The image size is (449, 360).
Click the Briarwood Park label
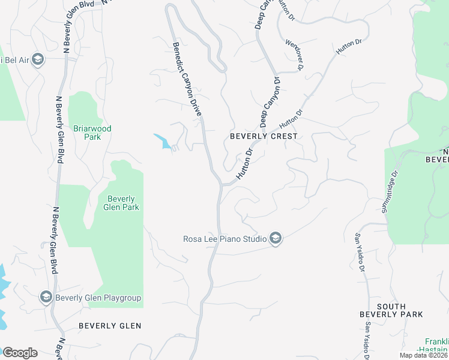92,133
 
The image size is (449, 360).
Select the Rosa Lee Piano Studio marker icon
275,239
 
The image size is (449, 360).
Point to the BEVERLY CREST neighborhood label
264,136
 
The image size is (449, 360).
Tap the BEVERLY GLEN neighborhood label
110,326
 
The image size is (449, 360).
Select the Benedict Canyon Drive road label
187,79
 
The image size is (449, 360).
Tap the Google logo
19,353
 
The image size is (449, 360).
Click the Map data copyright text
423,355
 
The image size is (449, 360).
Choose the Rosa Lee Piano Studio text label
224,239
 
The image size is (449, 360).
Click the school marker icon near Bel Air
38,60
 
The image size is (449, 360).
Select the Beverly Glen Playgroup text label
98,298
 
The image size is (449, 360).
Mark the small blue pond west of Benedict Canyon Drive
161,140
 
